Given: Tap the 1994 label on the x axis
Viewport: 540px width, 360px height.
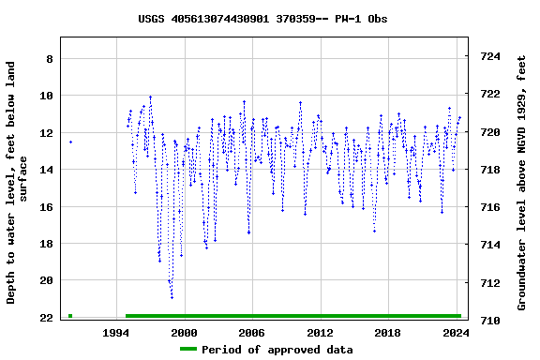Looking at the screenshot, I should click(x=115, y=333).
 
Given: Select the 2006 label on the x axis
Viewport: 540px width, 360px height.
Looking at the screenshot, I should click(x=251, y=333).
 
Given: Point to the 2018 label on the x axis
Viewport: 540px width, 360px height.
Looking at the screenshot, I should click(x=387, y=333).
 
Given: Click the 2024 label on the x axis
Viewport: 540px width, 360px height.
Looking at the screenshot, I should click(x=456, y=333).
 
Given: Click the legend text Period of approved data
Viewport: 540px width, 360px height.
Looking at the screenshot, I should click(x=277, y=350).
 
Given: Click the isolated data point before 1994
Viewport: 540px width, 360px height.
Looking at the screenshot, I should click(x=70, y=142).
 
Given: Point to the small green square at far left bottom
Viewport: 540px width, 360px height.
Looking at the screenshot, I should click(x=70, y=316).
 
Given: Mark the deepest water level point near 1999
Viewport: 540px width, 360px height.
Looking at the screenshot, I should click(x=172, y=297).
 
